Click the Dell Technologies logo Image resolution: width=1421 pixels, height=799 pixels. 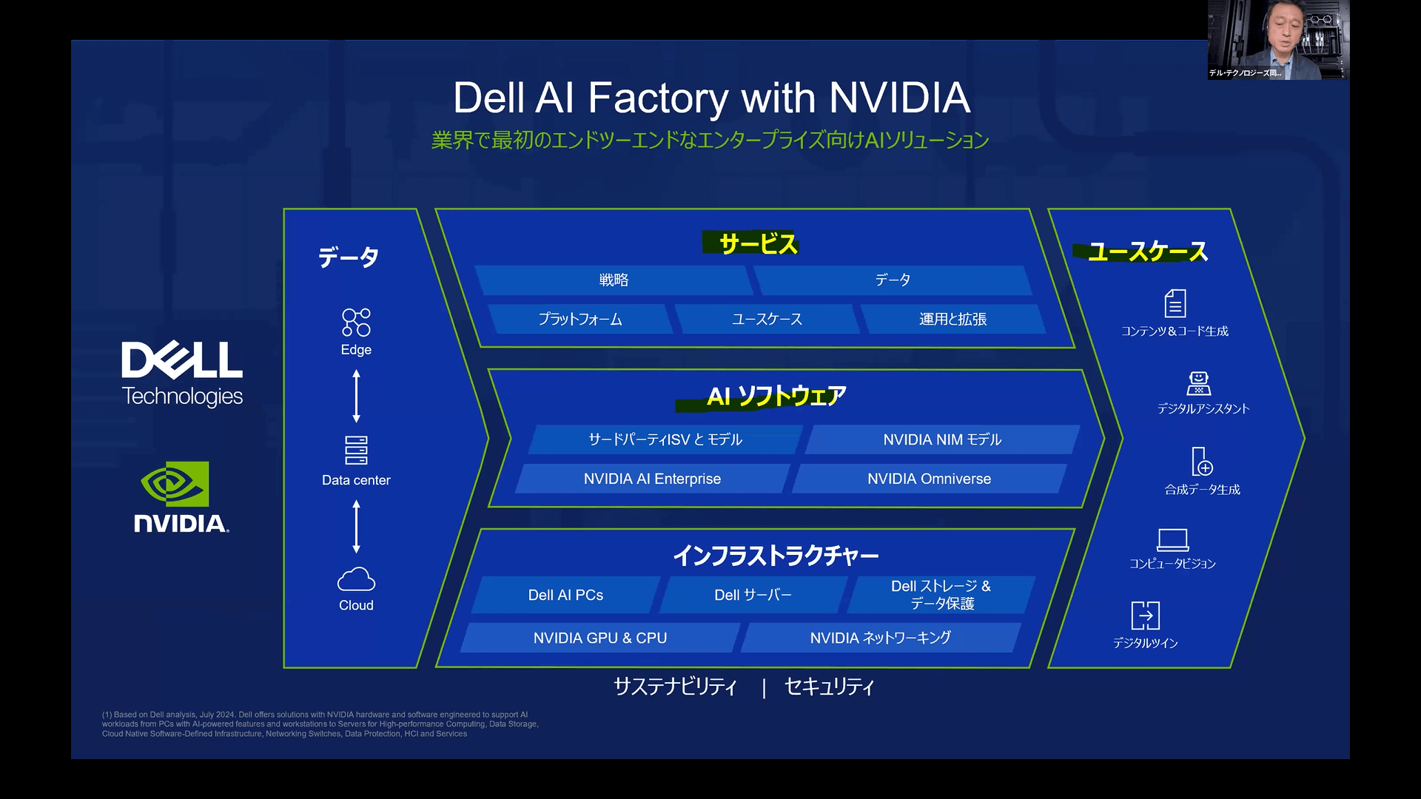coord(182,374)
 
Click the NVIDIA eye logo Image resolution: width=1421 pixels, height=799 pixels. coord(175,484)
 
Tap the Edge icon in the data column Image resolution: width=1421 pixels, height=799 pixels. coord(356,323)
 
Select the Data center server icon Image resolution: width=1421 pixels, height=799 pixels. coord(356,450)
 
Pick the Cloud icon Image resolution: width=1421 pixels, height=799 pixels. coord(356,579)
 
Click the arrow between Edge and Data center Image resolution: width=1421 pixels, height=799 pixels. coord(356,397)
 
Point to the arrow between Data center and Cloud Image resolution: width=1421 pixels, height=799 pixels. coord(356,526)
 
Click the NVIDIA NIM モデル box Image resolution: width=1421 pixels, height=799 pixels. coord(941,439)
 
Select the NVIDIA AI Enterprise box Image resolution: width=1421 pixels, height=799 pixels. coord(652,479)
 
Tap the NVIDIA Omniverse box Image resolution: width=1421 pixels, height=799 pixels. coord(929,479)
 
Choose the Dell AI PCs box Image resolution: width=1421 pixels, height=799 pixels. coord(565,595)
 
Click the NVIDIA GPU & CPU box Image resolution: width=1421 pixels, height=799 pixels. coord(599,638)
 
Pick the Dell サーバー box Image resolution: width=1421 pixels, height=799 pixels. coord(753,595)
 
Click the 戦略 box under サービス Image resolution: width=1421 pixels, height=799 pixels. coord(614,280)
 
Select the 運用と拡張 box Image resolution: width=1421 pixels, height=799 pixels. coord(953,319)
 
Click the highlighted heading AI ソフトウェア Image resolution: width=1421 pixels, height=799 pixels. coord(776,397)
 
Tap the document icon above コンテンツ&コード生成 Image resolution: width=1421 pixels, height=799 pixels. coord(1175,303)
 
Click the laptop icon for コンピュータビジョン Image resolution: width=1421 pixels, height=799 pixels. coord(1172,539)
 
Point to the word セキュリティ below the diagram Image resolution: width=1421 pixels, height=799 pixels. coord(829,687)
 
